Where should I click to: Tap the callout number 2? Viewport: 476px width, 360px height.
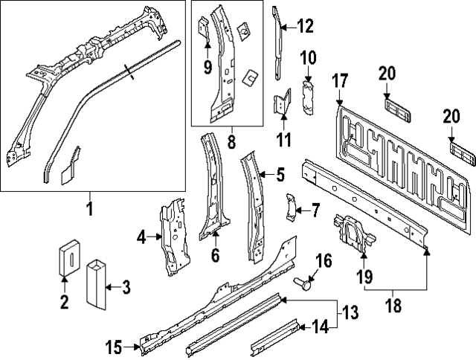[65, 302]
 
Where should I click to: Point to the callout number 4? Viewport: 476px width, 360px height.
[141, 238]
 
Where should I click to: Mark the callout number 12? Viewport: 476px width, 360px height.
[305, 28]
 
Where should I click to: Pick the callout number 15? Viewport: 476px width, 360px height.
[115, 346]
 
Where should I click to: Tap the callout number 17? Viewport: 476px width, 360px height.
[340, 80]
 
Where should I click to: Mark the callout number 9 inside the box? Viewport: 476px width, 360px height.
[208, 69]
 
